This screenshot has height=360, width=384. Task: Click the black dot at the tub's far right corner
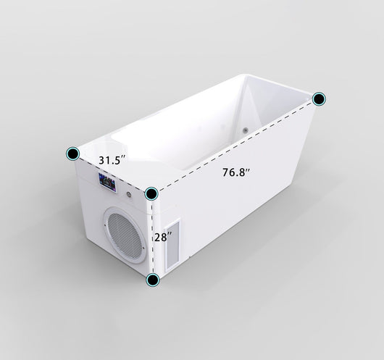pos(320,99)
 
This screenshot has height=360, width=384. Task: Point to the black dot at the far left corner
pos(73,153)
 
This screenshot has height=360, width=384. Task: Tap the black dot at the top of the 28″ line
pos(151,193)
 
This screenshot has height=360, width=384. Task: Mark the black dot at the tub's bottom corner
pos(153,280)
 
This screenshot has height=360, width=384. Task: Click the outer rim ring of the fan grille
pos(105,232)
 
